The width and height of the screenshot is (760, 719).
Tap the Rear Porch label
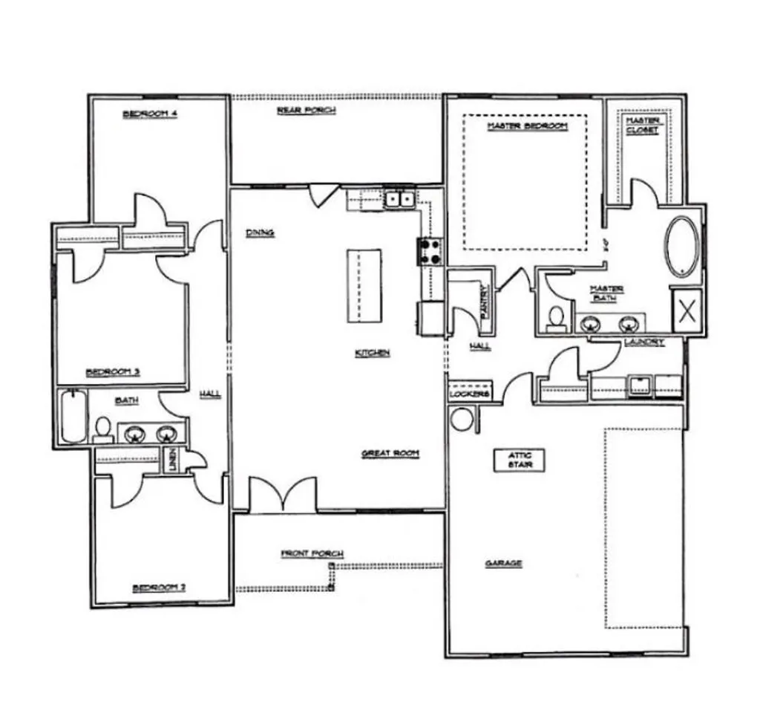click(307, 110)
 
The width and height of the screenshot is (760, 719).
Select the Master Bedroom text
click(527, 126)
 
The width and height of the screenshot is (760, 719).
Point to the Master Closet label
click(642, 126)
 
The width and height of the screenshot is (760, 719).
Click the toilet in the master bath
click(554, 318)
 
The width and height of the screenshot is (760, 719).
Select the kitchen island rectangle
click(364, 284)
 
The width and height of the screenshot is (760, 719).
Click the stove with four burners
click(430, 250)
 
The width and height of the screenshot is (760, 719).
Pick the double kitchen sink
click(399, 199)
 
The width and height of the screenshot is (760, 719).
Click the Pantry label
click(483, 304)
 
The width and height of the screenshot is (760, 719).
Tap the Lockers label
click(470, 394)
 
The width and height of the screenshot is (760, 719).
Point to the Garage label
click(504, 564)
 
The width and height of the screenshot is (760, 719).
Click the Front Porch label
click(312, 554)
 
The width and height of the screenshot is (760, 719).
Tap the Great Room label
click(390, 453)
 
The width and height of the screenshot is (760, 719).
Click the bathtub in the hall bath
click(73, 416)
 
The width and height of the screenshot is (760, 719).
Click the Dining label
click(260, 233)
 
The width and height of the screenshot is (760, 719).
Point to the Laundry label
click(643, 342)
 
